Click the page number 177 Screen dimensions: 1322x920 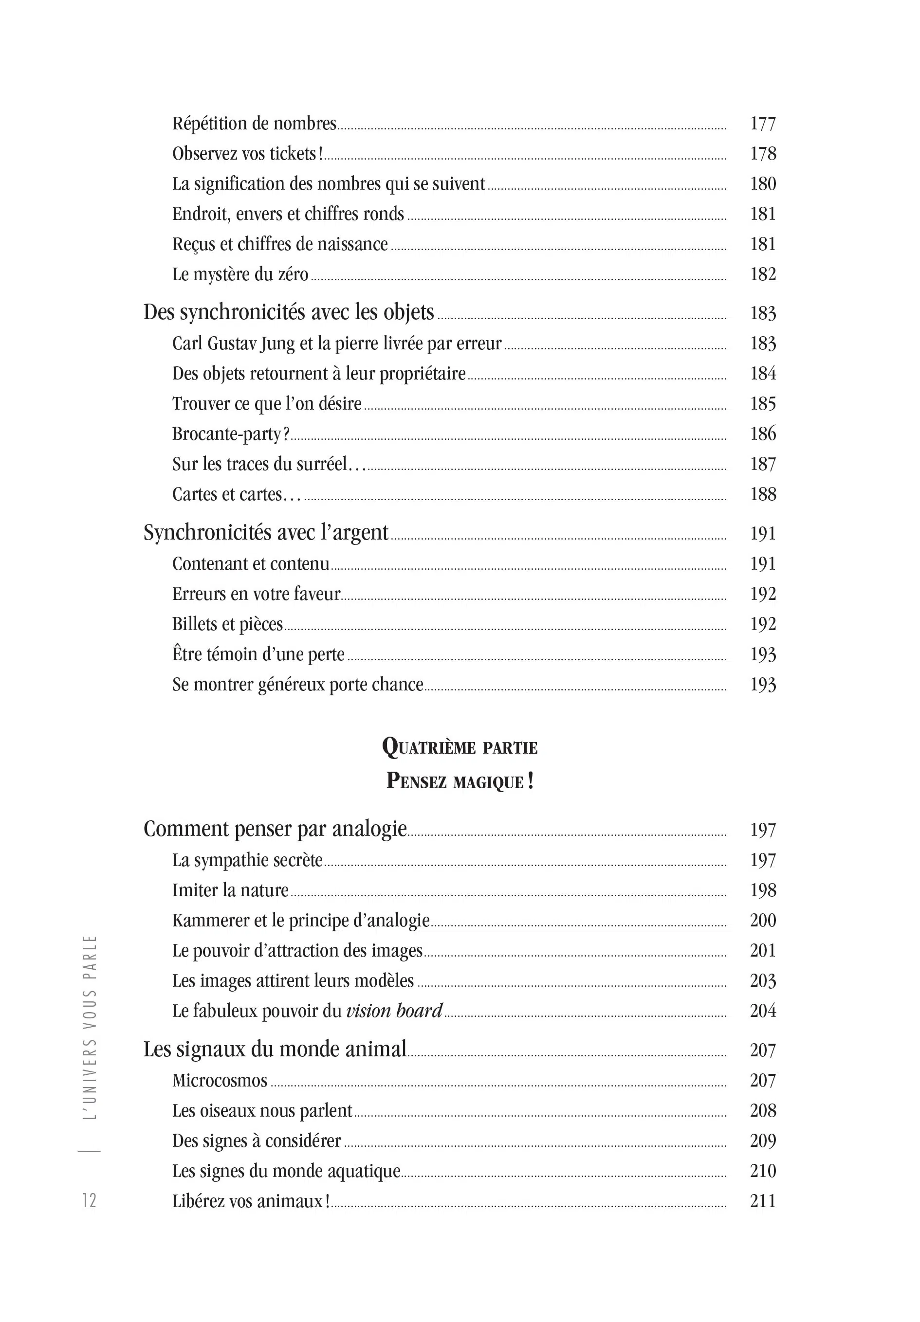762,124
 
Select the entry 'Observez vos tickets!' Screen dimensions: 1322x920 247,154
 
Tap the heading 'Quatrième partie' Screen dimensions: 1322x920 459,747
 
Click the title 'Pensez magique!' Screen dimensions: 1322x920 459,781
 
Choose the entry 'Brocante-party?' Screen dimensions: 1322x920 230,434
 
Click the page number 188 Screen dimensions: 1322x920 762,494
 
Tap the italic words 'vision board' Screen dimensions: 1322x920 394,1011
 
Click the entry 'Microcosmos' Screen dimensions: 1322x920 220,1080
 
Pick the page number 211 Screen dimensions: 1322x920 762,1200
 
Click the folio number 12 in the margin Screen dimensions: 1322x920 89,1200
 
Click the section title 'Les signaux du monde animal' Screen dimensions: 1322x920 275,1049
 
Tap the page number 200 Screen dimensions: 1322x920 762,920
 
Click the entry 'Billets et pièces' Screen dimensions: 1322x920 227,624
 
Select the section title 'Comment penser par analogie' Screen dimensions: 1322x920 275,829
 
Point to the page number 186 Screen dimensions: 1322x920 762,434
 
